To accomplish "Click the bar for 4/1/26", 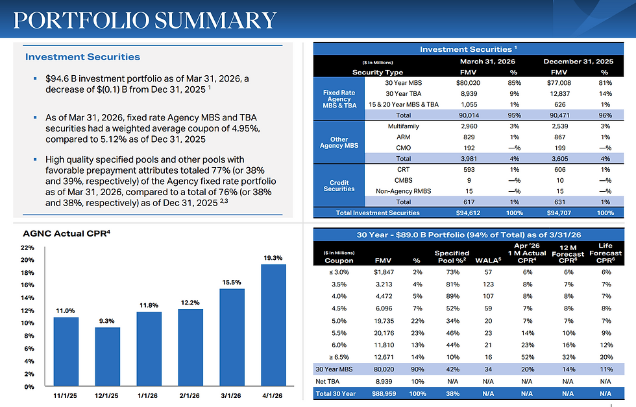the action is coord(273,325).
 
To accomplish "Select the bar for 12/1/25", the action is coord(108,356).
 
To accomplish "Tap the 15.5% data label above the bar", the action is coord(232,283).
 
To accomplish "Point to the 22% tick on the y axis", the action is coord(27,248).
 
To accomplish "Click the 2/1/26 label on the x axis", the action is coord(190,396).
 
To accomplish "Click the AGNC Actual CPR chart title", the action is coord(66,233).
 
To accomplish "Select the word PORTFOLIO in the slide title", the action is coord(81,20).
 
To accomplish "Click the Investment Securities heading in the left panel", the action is coord(83,56).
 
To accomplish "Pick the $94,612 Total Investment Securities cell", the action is coord(468,213).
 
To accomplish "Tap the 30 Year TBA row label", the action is coord(403,93).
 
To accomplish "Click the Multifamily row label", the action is coord(403,126).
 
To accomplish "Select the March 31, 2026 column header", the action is coord(487,61).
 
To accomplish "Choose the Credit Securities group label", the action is coord(339,185).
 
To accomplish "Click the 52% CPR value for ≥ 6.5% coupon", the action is coord(527,357).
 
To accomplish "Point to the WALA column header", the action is coord(488,261).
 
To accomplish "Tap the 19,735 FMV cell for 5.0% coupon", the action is coord(384,321).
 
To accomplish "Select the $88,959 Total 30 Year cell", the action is coord(384,393).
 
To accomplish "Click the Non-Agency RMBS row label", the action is coord(403,191).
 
